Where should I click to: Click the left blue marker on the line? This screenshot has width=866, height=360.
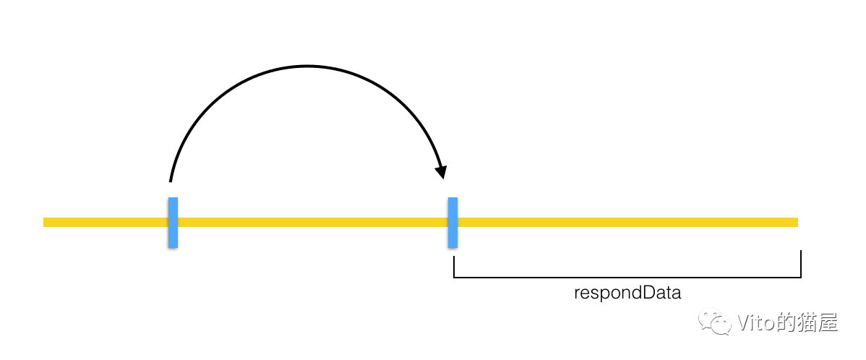coord(173,222)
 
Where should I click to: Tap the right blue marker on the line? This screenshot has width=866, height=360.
coord(453,222)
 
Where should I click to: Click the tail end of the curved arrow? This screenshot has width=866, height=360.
coord(171,180)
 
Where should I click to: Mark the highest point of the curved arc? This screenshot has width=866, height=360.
coord(307,67)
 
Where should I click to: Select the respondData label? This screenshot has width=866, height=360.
coord(627,293)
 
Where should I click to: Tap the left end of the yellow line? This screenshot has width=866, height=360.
coord(46,222)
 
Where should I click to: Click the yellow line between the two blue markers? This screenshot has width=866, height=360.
coord(311,222)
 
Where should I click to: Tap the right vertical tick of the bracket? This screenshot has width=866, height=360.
coord(801,264)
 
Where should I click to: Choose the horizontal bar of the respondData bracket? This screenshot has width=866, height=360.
coord(627,277)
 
